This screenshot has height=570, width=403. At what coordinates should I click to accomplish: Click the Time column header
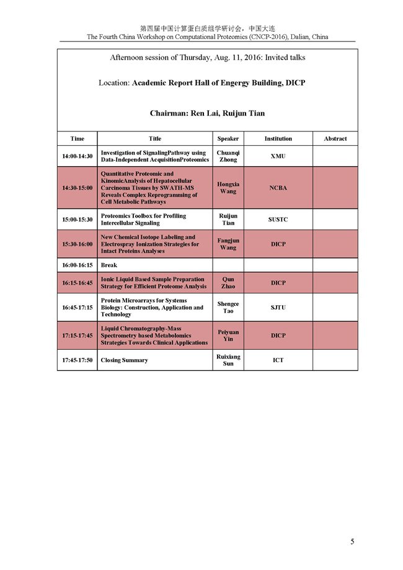[77, 139]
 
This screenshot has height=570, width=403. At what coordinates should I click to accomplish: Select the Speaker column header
[228, 139]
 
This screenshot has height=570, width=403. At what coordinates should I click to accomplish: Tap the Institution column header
[278, 139]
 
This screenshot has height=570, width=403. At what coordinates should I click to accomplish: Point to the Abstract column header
[335, 139]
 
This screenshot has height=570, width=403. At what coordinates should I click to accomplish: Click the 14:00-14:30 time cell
[77, 156]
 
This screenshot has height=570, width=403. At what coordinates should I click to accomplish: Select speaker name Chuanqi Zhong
[228, 156]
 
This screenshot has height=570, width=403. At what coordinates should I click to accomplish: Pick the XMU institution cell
[278, 156]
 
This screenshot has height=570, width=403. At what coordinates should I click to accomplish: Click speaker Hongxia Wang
[228, 187]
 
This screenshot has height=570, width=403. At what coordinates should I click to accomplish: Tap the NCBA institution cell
[278, 187]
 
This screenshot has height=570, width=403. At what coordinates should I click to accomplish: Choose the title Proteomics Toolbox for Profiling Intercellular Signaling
[143, 220]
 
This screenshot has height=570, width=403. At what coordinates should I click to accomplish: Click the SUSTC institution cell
[278, 220]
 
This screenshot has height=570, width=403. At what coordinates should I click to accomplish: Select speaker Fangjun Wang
[228, 244]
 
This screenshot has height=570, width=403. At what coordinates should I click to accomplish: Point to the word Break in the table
[109, 265]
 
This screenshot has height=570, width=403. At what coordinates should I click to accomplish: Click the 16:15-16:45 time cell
[77, 283]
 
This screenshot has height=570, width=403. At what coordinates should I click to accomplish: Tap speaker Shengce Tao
[228, 307]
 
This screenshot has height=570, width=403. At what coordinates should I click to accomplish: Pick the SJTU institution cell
[278, 307]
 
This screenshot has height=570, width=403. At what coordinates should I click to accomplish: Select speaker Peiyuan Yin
[228, 336]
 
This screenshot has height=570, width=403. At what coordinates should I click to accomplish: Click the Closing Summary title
[124, 360]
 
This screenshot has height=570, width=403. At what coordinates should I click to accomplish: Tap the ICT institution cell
[278, 360]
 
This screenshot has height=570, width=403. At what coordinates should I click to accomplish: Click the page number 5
[352, 541]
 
